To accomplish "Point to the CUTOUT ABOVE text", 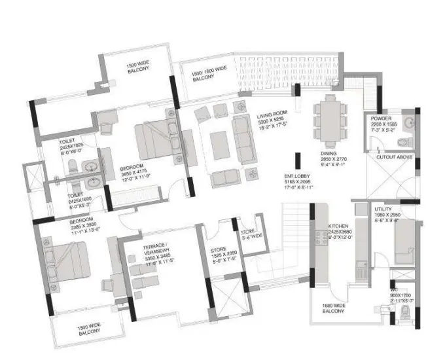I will pos(391,158).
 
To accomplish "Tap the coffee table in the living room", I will pos(218,144).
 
